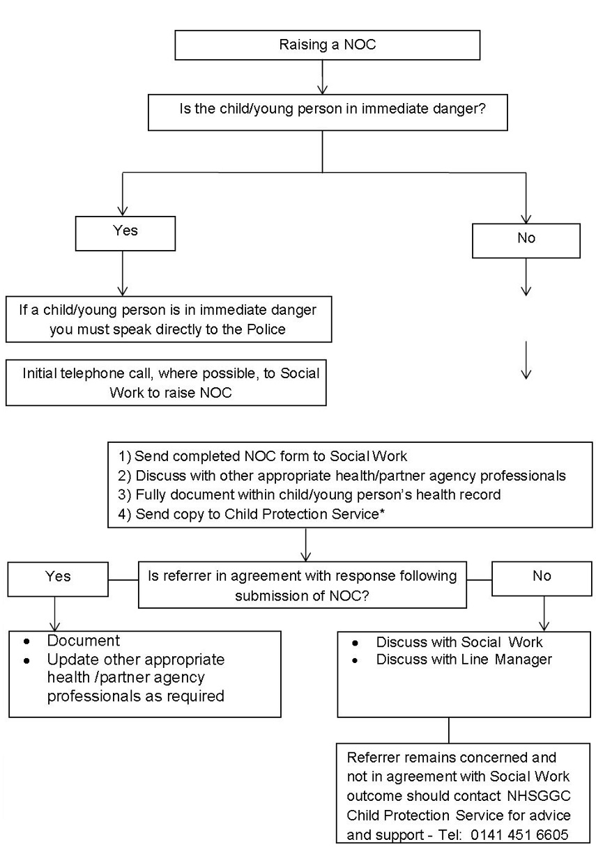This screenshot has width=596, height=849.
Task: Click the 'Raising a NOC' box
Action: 327,45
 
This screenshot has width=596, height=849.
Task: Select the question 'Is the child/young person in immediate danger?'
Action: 327,111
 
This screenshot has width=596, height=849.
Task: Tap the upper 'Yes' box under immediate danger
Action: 125,231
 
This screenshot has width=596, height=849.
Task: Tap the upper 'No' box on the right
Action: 526,239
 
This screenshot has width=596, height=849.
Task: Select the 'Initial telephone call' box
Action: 167,382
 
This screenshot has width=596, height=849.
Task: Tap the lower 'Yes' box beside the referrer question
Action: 58,577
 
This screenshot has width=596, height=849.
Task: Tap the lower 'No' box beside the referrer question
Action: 542,577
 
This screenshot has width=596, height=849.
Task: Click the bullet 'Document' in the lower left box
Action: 84,641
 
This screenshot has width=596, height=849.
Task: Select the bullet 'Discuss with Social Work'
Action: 459,641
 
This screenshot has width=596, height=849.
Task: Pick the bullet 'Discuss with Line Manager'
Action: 464,659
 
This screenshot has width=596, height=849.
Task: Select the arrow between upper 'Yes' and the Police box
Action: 123,273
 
